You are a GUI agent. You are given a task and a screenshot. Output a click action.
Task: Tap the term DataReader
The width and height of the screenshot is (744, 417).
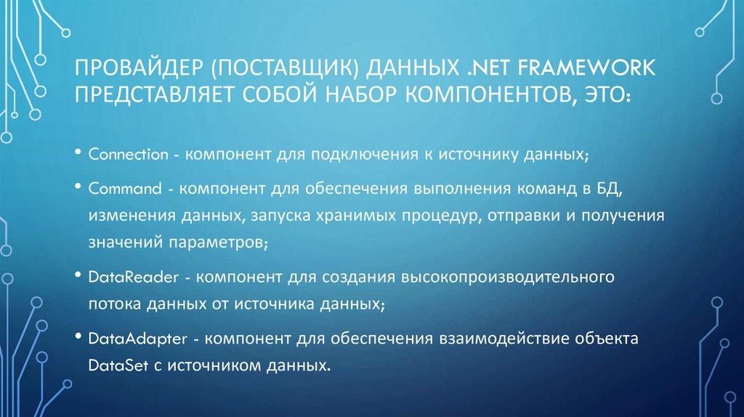point(125,278)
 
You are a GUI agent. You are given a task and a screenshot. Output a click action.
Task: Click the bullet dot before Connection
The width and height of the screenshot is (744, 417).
point(77,155)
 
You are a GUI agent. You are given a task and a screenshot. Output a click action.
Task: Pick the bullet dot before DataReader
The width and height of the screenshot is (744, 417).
point(77,276)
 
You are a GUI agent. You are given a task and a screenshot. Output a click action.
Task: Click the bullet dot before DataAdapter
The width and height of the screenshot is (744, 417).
point(77,337)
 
